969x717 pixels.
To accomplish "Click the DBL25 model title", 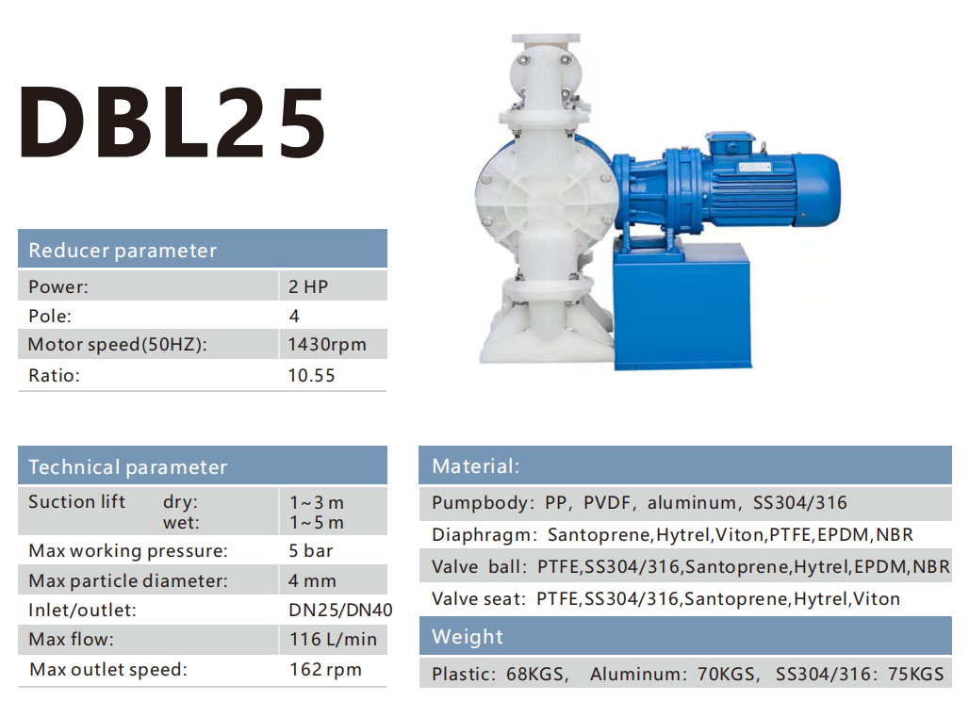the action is click(172, 121).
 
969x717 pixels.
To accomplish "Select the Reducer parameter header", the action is click(123, 250).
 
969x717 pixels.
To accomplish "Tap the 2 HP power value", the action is click(307, 286).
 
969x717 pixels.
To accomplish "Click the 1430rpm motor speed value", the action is click(327, 344).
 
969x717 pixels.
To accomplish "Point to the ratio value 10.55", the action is click(311, 375).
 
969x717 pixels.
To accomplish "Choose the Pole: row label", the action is click(49, 317).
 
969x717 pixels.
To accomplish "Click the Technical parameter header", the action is click(128, 467).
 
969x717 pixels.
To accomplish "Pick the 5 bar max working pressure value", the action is click(311, 550).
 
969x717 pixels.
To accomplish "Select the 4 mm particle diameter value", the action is click(312, 580).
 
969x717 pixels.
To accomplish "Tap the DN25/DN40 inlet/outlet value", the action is click(340, 611).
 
